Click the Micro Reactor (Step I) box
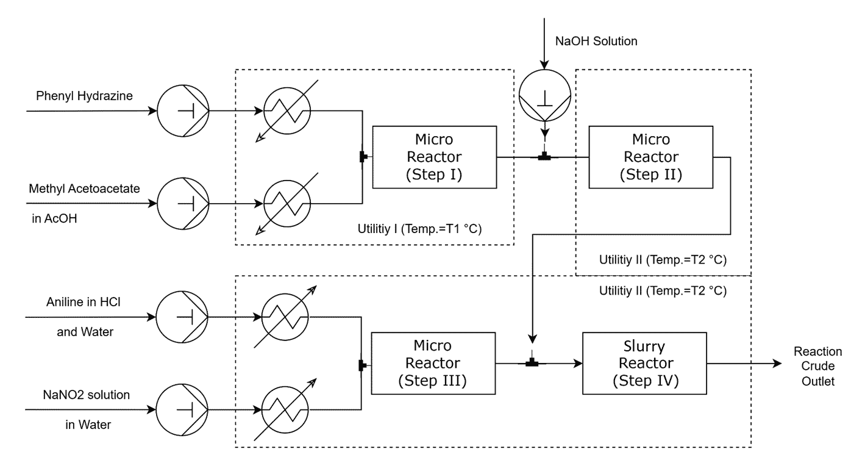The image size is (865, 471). click(435, 157)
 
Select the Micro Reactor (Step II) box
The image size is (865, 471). click(650, 157)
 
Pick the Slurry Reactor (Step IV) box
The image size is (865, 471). click(645, 364)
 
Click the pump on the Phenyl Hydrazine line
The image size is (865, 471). click(182, 112)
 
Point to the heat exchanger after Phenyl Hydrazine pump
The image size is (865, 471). click(287, 112)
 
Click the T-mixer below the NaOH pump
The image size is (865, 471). click(545, 158)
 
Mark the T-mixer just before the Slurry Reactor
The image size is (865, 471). click(533, 364)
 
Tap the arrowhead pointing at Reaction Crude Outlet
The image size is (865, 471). click(776, 364)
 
